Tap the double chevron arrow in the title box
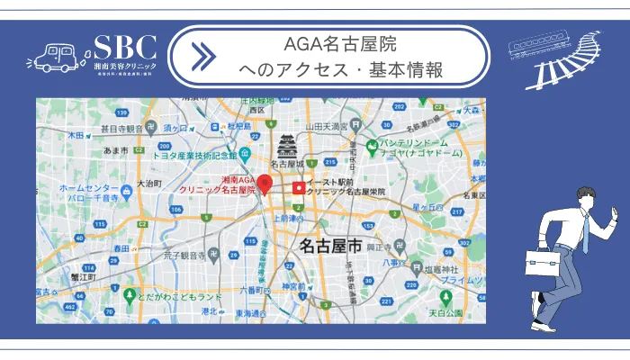(x=204, y=56)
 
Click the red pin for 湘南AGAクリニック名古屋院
(x=264, y=184)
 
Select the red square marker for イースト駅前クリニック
(x=298, y=188)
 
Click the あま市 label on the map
(x=118, y=150)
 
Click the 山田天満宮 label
(x=328, y=126)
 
